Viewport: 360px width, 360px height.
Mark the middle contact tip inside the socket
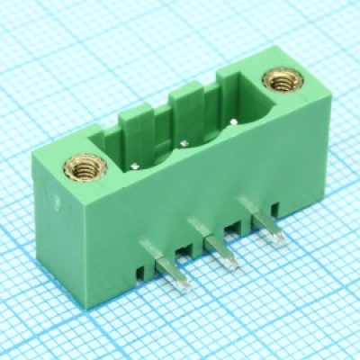click(x=184, y=142)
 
